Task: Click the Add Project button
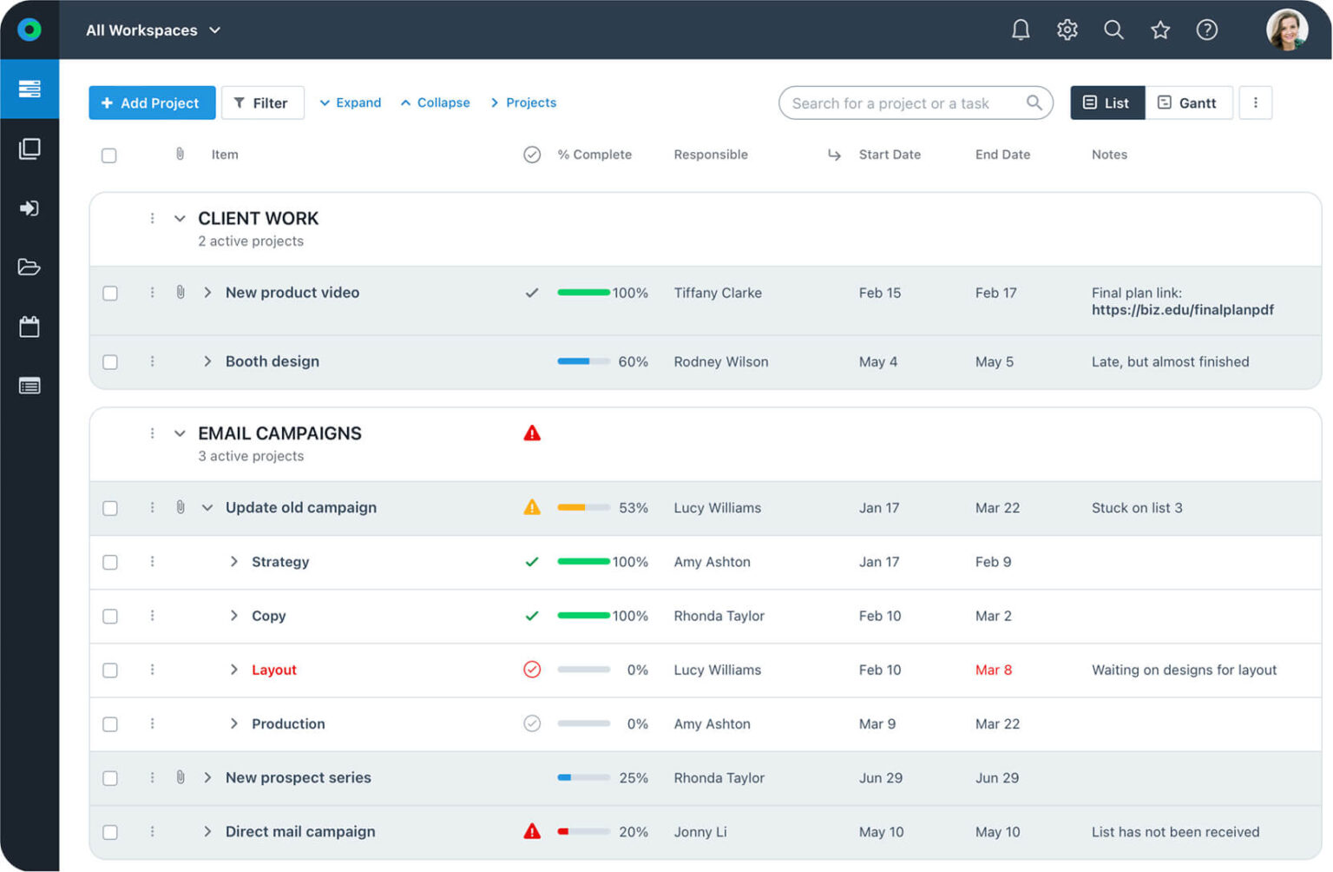[x=152, y=102]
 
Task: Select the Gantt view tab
[x=1187, y=102]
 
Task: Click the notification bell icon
[x=1021, y=30]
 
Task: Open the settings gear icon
[x=1067, y=30]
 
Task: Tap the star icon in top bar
[x=1159, y=30]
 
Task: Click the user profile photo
[x=1286, y=30]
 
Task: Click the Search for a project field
[x=903, y=102]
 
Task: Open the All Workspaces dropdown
[x=154, y=30]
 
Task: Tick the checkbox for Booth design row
[x=110, y=362]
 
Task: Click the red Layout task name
[x=273, y=670]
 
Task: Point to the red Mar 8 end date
[x=993, y=670]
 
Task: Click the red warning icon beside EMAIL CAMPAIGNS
[x=532, y=433]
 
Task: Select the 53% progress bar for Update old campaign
[x=583, y=508]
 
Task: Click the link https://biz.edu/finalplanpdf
[x=1182, y=310]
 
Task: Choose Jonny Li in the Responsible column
[x=699, y=832]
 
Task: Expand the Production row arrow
[x=233, y=723]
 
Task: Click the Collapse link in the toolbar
[x=435, y=102]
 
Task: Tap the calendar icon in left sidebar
[x=30, y=327]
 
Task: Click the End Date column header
[x=1002, y=155]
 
